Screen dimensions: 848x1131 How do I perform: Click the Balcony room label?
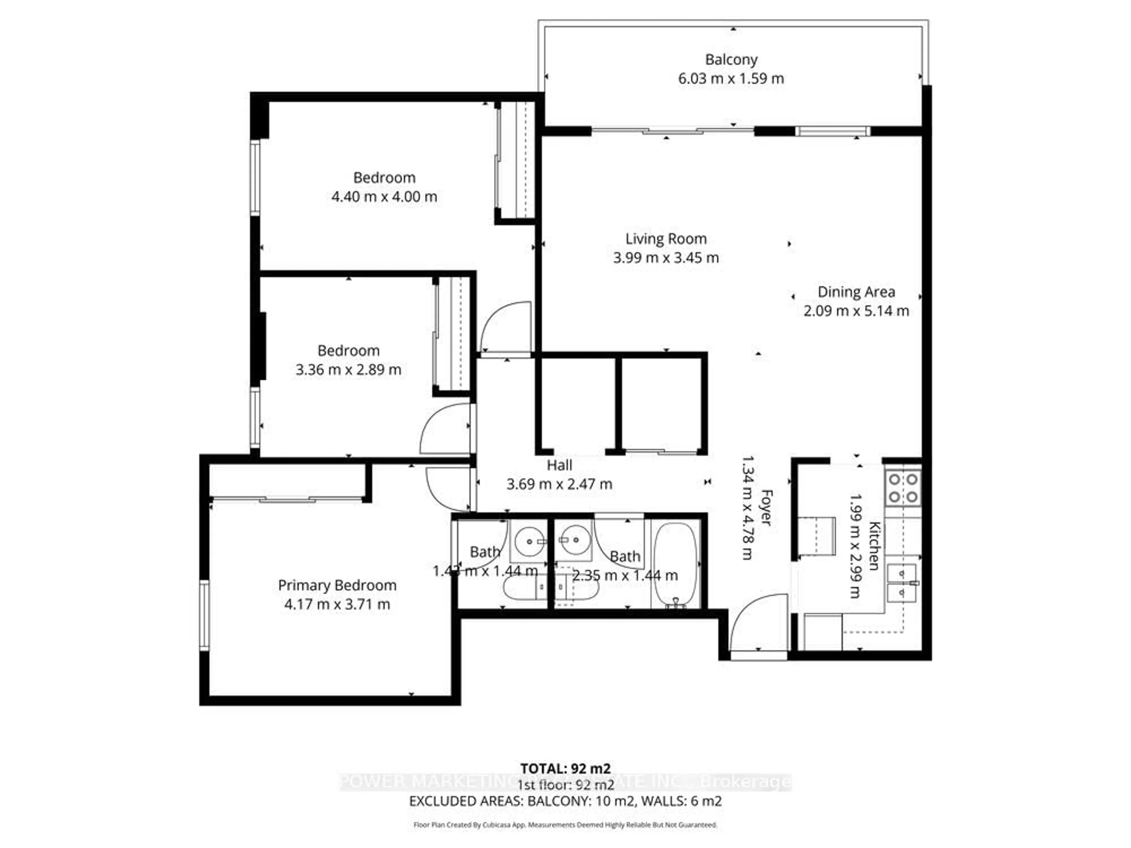point(731,60)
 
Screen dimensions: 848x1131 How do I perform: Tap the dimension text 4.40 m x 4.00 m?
point(384,197)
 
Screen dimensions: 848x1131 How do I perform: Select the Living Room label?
point(666,239)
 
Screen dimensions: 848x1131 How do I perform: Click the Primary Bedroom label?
point(337,585)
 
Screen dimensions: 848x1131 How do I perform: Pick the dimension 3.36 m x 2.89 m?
point(348,370)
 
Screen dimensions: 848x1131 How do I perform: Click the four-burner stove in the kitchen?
point(903,488)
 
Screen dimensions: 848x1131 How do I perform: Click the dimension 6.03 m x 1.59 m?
point(731,79)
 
